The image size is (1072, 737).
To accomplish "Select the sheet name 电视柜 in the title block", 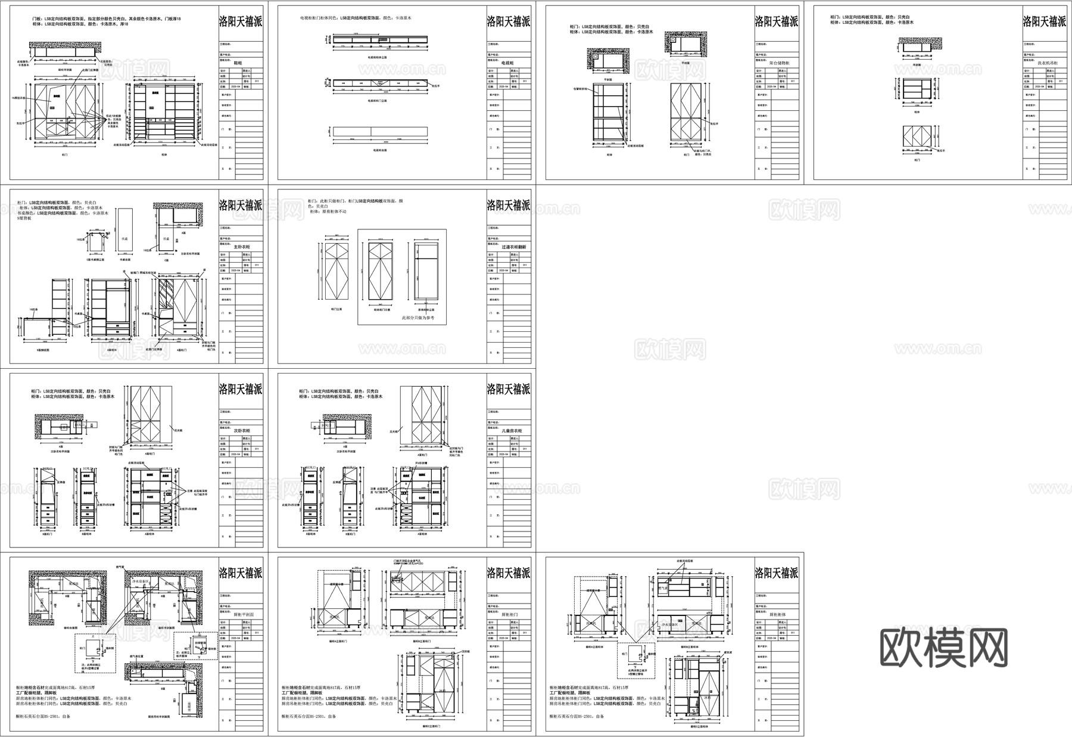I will tap(507, 63).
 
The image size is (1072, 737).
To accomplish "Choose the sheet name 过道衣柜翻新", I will tap(513, 247).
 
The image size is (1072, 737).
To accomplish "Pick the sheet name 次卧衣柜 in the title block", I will tap(242, 431).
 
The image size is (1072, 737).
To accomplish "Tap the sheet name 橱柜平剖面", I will tap(242, 614).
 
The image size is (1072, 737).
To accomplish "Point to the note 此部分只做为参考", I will tap(418, 318).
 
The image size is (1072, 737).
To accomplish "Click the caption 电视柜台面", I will tap(381, 151).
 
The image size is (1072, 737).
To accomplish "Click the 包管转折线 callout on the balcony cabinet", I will tap(579, 89).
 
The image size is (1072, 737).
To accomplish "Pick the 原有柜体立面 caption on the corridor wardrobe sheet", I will tap(426, 310).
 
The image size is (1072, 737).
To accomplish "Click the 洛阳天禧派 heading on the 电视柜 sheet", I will tap(508, 22).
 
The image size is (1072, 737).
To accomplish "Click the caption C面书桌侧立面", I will tap(95, 260).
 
